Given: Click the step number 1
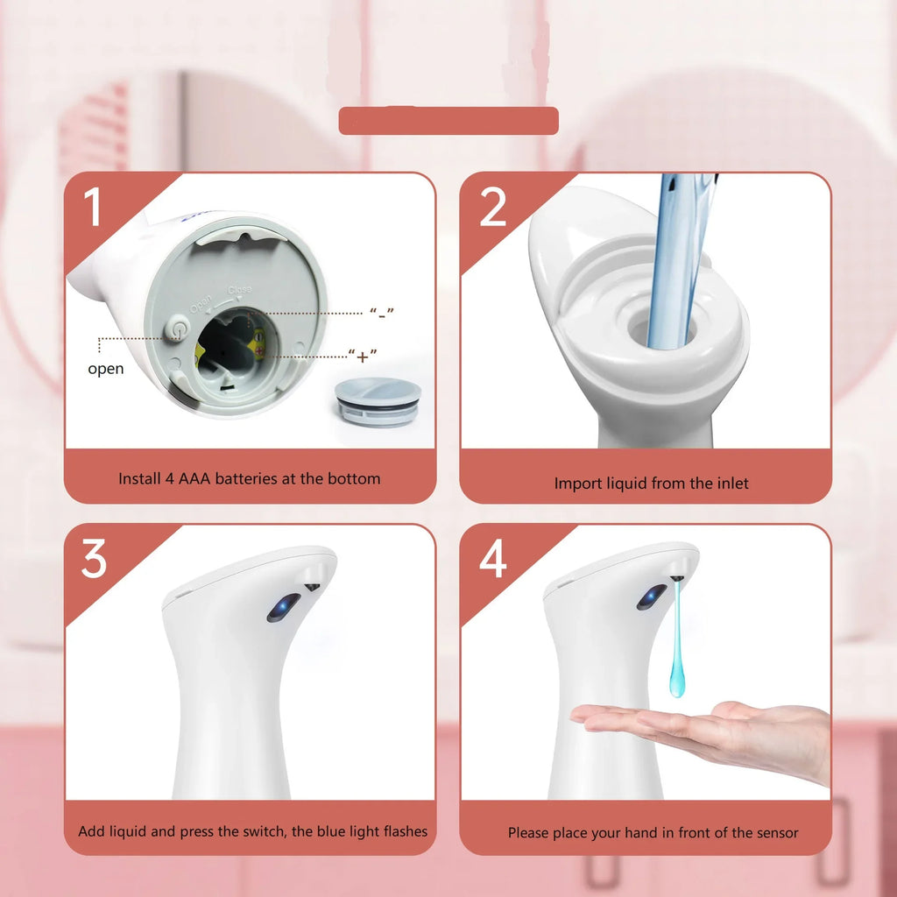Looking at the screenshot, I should point(93,208).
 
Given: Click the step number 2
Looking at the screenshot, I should point(493,208).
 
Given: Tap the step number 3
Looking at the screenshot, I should point(94,559).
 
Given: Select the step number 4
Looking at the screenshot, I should point(493,559).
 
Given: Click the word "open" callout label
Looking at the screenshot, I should point(105,369).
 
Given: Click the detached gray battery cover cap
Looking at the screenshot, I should point(378,401).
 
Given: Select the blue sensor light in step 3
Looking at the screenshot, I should point(283,606).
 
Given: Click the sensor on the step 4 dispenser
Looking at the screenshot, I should point(651,597).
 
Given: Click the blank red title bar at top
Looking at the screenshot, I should point(448,121).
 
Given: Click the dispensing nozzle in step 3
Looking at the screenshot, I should point(312,584).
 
